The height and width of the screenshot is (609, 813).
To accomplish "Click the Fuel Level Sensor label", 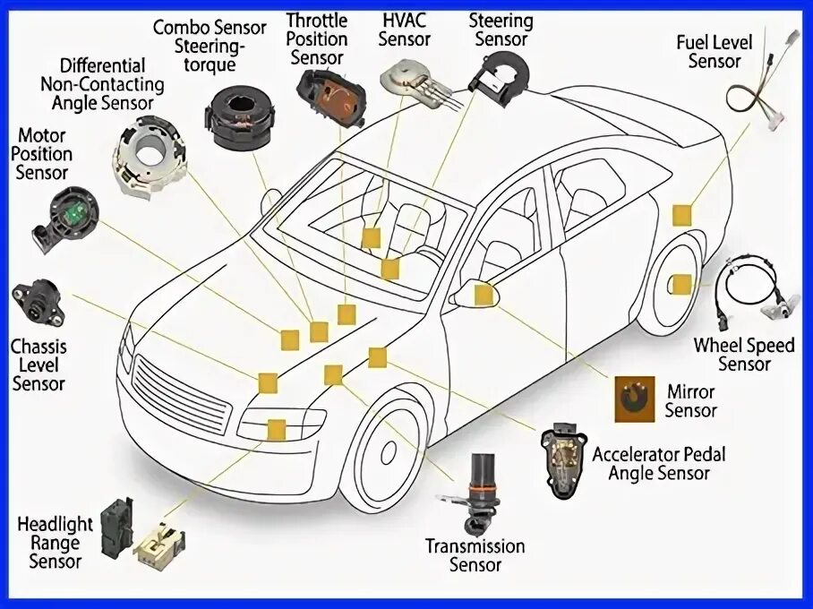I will pyautogui.click(x=715, y=51).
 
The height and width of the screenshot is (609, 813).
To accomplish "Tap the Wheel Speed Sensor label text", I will pyautogui.click(x=744, y=355).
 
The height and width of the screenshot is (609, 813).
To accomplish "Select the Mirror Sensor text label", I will pyautogui.click(x=690, y=401).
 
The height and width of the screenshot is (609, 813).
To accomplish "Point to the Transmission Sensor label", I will pyautogui.click(x=475, y=555).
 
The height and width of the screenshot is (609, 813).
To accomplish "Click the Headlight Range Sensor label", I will pyautogui.click(x=55, y=543).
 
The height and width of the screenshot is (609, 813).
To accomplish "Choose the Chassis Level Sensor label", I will pyautogui.click(x=38, y=365).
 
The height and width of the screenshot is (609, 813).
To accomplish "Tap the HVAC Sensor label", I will pyautogui.click(x=405, y=30).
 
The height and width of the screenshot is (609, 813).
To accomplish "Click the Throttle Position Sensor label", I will pyautogui.click(x=317, y=39).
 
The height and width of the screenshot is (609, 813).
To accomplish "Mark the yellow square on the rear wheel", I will pyautogui.click(x=681, y=285).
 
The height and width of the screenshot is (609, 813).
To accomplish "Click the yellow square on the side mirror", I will pyautogui.click(x=484, y=294).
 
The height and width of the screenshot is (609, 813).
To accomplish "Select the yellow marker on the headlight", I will pyautogui.click(x=276, y=429).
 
